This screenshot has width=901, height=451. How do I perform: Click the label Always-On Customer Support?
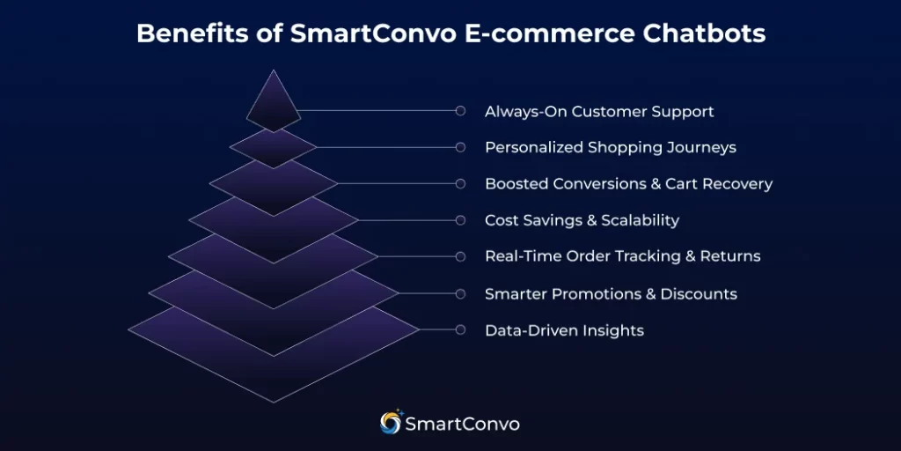click(x=599, y=112)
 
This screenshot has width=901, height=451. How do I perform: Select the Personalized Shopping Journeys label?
click(x=610, y=147)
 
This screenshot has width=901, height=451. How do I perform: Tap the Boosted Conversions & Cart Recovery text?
click(x=628, y=184)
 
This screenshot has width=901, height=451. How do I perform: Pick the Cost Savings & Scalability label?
click(x=582, y=220)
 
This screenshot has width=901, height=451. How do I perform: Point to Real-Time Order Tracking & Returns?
click(x=622, y=256)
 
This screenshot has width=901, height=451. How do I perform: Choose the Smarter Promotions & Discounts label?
click(x=611, y=293)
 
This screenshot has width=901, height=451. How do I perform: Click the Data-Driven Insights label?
click(x=564, y=331)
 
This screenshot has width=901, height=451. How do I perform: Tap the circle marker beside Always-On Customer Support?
click(x=460, y=111)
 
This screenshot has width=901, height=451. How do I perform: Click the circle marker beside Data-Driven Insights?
click(x=460, y=329)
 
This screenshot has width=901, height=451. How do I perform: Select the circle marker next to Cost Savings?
click(x=460, y=220)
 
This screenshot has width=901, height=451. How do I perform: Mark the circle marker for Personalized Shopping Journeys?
click(x=460, y=147)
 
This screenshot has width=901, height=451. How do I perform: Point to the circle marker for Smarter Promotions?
click(x=460, y=293)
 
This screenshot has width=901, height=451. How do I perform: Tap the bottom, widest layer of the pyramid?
click(x=274, y=374)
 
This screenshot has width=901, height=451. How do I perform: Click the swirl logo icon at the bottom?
click(x=391, y=423)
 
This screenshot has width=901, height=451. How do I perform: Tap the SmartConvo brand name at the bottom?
click(x=462, y=424)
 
